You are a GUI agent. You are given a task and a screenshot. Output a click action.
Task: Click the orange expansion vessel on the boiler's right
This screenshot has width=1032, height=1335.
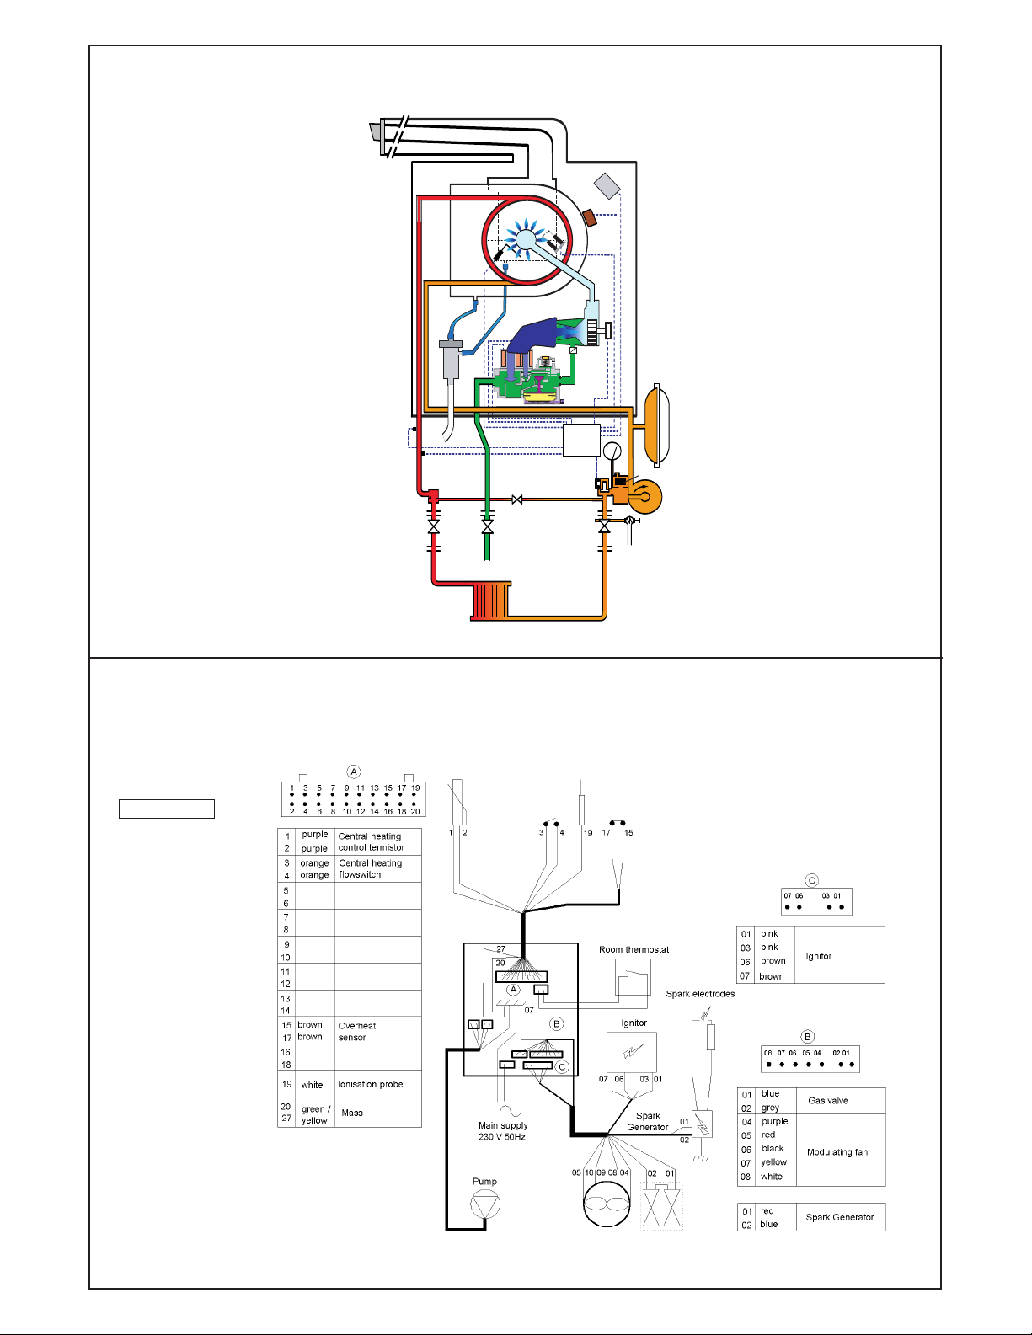(656, 425)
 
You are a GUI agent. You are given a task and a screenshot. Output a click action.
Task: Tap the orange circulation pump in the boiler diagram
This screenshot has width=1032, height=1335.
(644, 496)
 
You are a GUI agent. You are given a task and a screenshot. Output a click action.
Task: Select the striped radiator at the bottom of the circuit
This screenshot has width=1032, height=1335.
(490, 601)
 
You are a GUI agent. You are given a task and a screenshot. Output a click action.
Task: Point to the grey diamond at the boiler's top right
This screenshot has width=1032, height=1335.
(607, 186)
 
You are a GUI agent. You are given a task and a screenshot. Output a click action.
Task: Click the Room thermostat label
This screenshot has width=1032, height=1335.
(634, 949)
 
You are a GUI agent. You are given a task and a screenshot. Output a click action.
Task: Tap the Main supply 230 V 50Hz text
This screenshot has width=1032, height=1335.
(503, 1131)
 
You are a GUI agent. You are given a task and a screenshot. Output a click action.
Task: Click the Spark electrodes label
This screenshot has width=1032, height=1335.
(700, 994)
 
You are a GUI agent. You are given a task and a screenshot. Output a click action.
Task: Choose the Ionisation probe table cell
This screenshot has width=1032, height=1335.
(371, 1085)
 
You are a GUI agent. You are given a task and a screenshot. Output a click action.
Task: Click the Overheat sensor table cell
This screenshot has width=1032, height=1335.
(357, 1032)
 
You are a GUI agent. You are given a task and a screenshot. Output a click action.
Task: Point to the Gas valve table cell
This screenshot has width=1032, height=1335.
(828, 1101)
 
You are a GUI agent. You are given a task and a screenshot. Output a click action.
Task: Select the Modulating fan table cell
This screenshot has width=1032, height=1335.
(837, 1152)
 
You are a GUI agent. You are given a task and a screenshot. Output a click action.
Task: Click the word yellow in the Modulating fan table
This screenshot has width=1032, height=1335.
(774, 1162)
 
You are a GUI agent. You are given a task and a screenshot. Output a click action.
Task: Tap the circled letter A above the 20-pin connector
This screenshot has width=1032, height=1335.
(354, 772)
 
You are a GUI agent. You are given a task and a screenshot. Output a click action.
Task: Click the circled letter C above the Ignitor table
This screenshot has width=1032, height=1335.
(811, 880)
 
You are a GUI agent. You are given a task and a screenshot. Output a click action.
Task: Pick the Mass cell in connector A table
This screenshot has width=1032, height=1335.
(352, 1113)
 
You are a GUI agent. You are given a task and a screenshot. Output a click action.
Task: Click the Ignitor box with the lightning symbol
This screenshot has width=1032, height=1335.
(631, 1052)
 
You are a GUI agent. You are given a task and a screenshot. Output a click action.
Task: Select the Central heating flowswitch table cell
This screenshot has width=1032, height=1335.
(371, 869)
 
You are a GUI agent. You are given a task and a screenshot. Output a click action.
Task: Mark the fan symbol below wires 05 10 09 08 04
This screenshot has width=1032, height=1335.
(607, 1204)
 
